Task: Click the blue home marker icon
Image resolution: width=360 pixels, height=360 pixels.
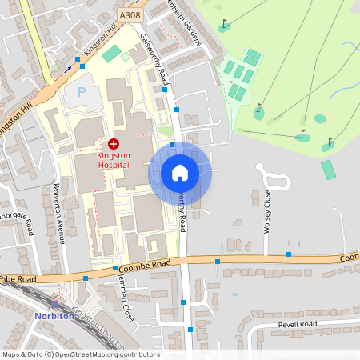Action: click(180, 173)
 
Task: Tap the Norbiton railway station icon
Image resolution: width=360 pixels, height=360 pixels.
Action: click(54, 304)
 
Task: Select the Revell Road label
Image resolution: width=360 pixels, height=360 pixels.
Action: click(298, 324)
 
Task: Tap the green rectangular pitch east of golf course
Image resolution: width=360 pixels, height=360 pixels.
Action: click(328, 170)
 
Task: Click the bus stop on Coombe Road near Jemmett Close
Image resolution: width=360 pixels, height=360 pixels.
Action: click(115, 268)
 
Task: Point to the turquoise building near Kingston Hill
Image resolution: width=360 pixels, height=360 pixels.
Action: click(112, 54)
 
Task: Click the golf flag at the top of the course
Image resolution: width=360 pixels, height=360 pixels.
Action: click(225, 24)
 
